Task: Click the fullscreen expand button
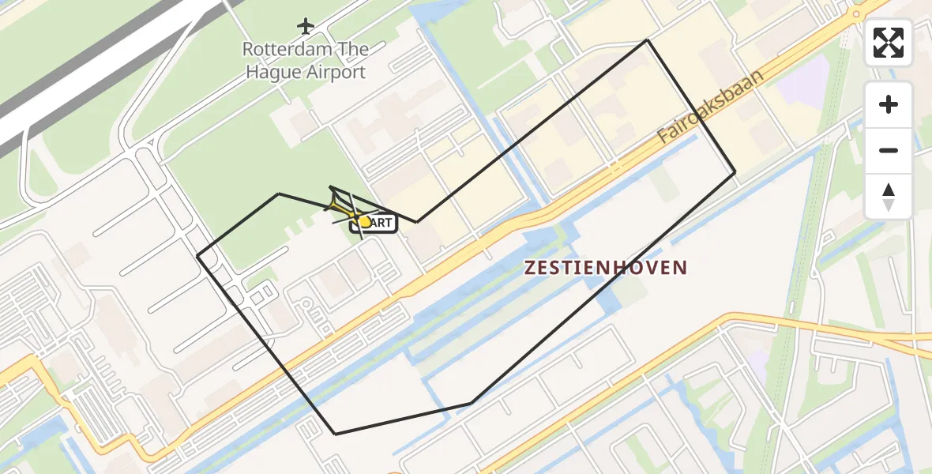pos(889,43)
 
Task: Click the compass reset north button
pos(889,197)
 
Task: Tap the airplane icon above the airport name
pos(306,26)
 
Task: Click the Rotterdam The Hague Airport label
pos(305,61)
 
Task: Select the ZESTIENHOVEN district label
pos(606,268)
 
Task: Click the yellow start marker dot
pos(364,222)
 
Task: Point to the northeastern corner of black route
pos(648,39)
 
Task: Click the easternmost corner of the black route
pos(735,171)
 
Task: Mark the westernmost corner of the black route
pos(197,256)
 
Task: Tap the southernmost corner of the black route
pos(336,434)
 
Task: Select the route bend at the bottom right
pos(471,404)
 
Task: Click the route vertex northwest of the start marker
pos(278,194)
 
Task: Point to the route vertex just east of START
pos(416,222)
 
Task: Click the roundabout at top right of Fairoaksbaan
pos(856,13)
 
